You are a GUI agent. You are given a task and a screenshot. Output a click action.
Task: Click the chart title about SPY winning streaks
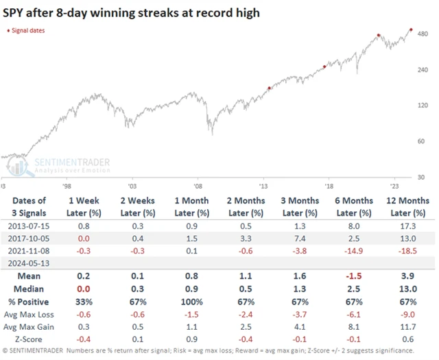[x=130, y=12]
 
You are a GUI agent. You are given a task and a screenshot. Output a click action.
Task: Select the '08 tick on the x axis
[x=198, y=185]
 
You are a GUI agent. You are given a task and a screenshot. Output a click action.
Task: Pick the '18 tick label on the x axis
[x=329, y=185]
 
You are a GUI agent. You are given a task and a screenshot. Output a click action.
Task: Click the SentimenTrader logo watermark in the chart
[x=65, y=165]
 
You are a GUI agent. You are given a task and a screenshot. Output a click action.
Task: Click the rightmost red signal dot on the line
[x=410, y=29]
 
